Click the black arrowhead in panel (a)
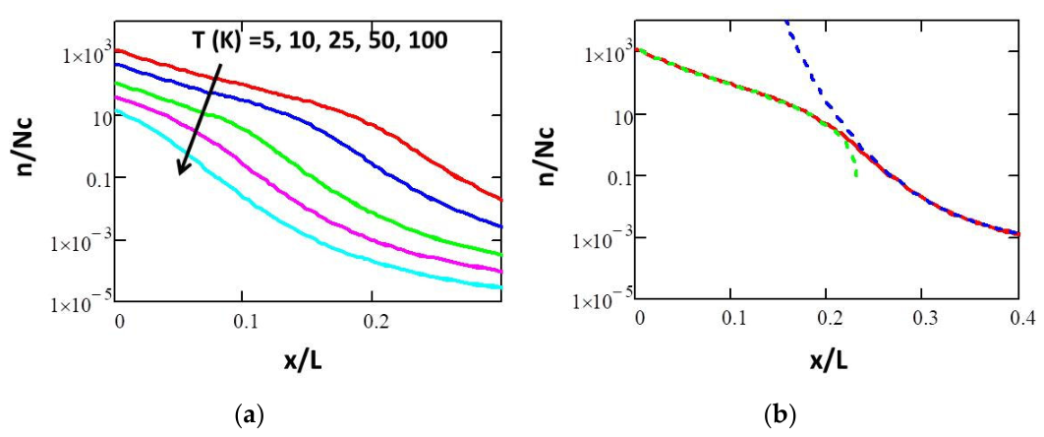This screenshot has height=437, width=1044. [182, 169]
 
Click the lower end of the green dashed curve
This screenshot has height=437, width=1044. [855, 176]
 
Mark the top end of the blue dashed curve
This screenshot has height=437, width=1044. [786, 22]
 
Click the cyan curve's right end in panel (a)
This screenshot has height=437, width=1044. [501, 287]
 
